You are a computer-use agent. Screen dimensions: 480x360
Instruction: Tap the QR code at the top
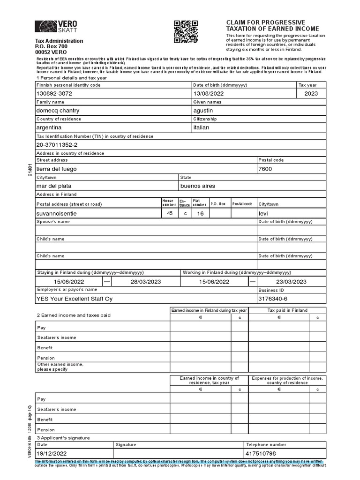[x=186, y=32]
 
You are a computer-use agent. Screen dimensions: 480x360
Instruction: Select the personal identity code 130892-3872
[x=54, y=94]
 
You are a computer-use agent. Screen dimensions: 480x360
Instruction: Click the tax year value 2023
[x=310, y=94]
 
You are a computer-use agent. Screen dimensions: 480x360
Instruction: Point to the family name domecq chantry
[x=58, y=111]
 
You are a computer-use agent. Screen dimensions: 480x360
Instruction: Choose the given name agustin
[x=203, y=111]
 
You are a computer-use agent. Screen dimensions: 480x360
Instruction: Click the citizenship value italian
[x=201, y=127]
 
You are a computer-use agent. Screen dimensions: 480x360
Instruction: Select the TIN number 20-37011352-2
[x=57, y=145]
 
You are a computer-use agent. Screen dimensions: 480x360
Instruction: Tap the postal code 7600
[x=265, y=169]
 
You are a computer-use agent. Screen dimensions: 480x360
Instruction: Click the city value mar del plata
[x=54, y=186]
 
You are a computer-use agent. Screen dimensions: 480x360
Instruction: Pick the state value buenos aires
[x=198, y=186]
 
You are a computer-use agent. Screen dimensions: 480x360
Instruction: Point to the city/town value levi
[x=263, y=213]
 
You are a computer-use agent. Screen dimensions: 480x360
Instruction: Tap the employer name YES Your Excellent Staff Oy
[x=74, y=299]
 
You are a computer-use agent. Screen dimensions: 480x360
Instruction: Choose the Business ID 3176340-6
[x=273, y=299]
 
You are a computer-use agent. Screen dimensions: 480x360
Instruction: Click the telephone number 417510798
[x=261, y=454]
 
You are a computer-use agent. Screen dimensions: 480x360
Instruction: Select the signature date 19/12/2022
[x=53, y=454]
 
